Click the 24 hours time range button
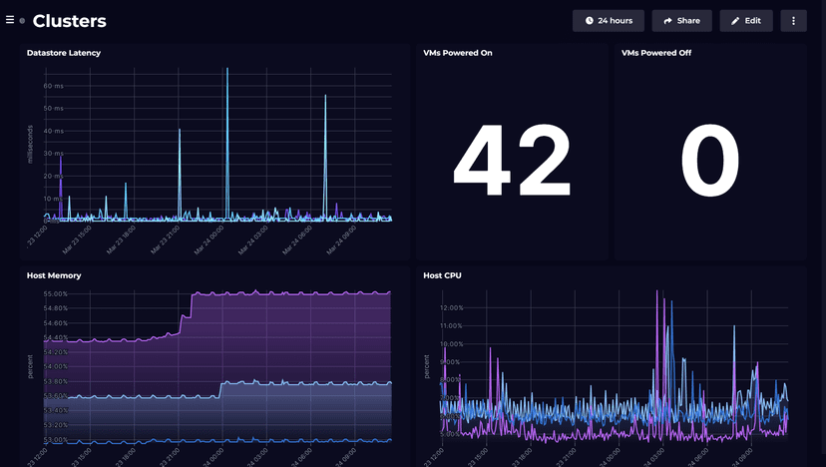[x=609, y=21]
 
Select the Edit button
[x=746, y=21]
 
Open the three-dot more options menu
[x=793, y=21]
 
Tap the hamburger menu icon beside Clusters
[x=10, y=20]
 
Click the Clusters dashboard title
[x=69, y=21]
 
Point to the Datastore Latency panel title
[x=64, y=53]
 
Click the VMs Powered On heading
[x=458, y=53]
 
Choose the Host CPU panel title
[x=442, y=275]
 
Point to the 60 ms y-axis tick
[x=54, y=86]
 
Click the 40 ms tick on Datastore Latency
[x=54, y=131]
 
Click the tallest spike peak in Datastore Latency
[x=227, y=69]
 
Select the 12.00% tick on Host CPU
[x=452, y=307]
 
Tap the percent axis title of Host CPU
[x=428, y=365]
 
